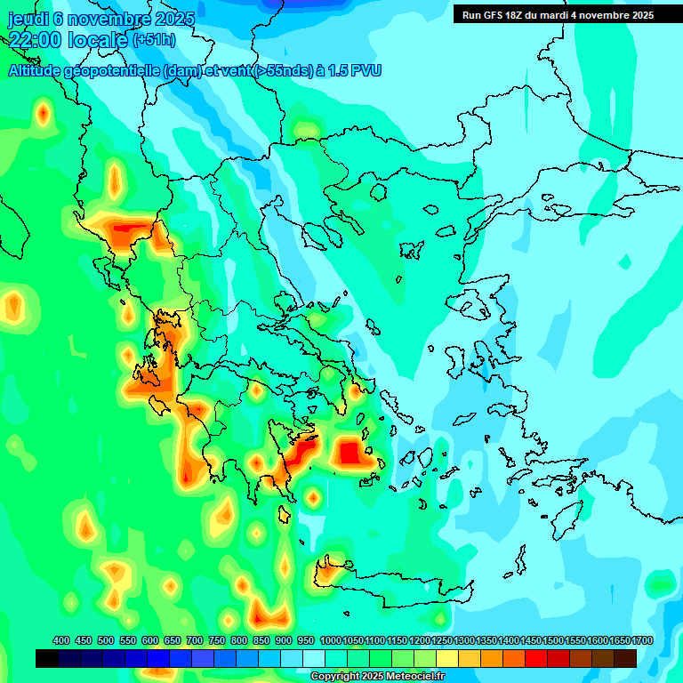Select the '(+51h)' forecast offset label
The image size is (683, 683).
coord(154,40)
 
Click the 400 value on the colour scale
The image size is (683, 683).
coord(61,640)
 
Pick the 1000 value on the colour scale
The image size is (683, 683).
coord(331,640)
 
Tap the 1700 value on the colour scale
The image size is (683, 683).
coord(642,640)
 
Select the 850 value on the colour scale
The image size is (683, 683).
coord(261,640)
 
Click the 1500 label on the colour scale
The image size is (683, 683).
coord(553,640)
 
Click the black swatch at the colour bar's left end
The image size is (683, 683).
coord(47,658)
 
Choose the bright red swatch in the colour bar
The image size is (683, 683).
coord(536,658)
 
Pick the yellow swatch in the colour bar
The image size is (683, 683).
coord(447,658)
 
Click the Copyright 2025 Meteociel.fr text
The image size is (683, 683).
coord(377,677)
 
